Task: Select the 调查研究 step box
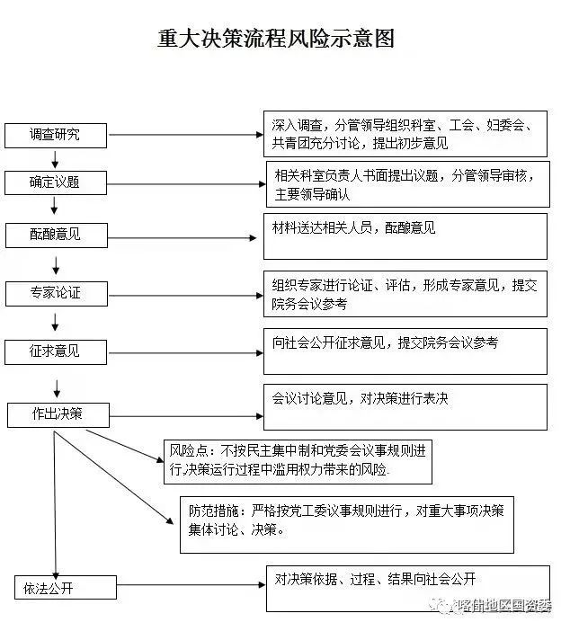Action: (x=55, y=135)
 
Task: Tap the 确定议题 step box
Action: (x=55, y=182)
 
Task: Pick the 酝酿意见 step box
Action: (x=55, y=235)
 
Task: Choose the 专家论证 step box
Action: (x=55, y=293)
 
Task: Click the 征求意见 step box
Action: (x=55, y=351)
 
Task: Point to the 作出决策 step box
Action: (x=58, y=414)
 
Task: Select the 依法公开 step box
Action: (x=55, y=589)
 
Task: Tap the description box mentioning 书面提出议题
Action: (x=406, y=184)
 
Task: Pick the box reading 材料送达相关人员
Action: (x=405, y=236)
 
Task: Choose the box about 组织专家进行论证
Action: (x=405, y=294)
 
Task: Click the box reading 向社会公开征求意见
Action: (x=405, y=351)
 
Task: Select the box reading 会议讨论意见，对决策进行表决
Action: (x=405, y=407)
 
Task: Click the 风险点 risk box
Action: (x=298, y=461)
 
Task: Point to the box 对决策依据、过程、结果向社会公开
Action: (x=406, y=588)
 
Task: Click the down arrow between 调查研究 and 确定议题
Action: (x=56, y=159)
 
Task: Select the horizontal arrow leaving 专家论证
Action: (x=183, y=294)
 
